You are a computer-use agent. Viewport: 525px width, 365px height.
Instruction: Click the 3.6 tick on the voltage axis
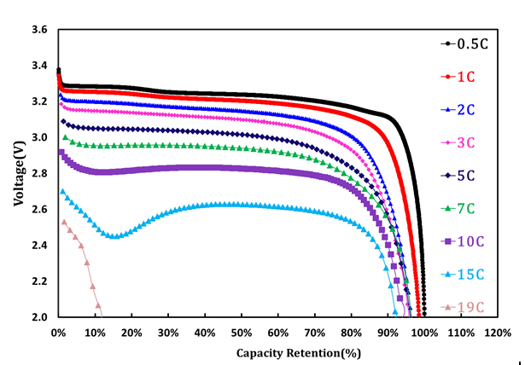[x=39, y=30]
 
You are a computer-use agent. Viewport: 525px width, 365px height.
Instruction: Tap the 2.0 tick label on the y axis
[x=39, y=317]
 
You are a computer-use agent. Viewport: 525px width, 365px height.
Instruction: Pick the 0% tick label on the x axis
[x=57, y=331]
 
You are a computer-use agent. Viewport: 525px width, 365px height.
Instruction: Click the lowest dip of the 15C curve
[x=113, y=236]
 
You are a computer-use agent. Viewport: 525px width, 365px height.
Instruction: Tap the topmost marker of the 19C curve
[x=63, y=222]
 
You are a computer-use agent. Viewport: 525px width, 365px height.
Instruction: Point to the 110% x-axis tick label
[x=461, y=331]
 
